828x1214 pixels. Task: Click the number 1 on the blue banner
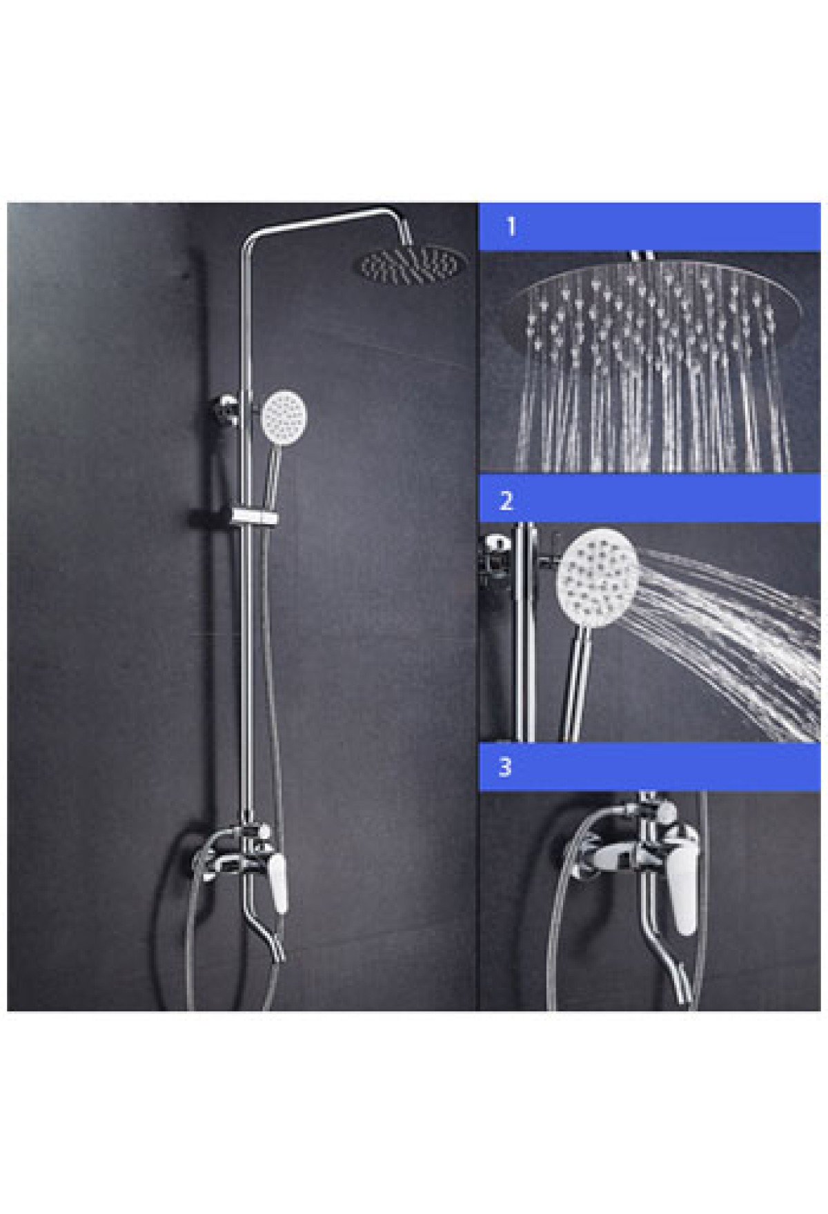coord(511,227)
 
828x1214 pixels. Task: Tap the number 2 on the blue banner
coord(506,500)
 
